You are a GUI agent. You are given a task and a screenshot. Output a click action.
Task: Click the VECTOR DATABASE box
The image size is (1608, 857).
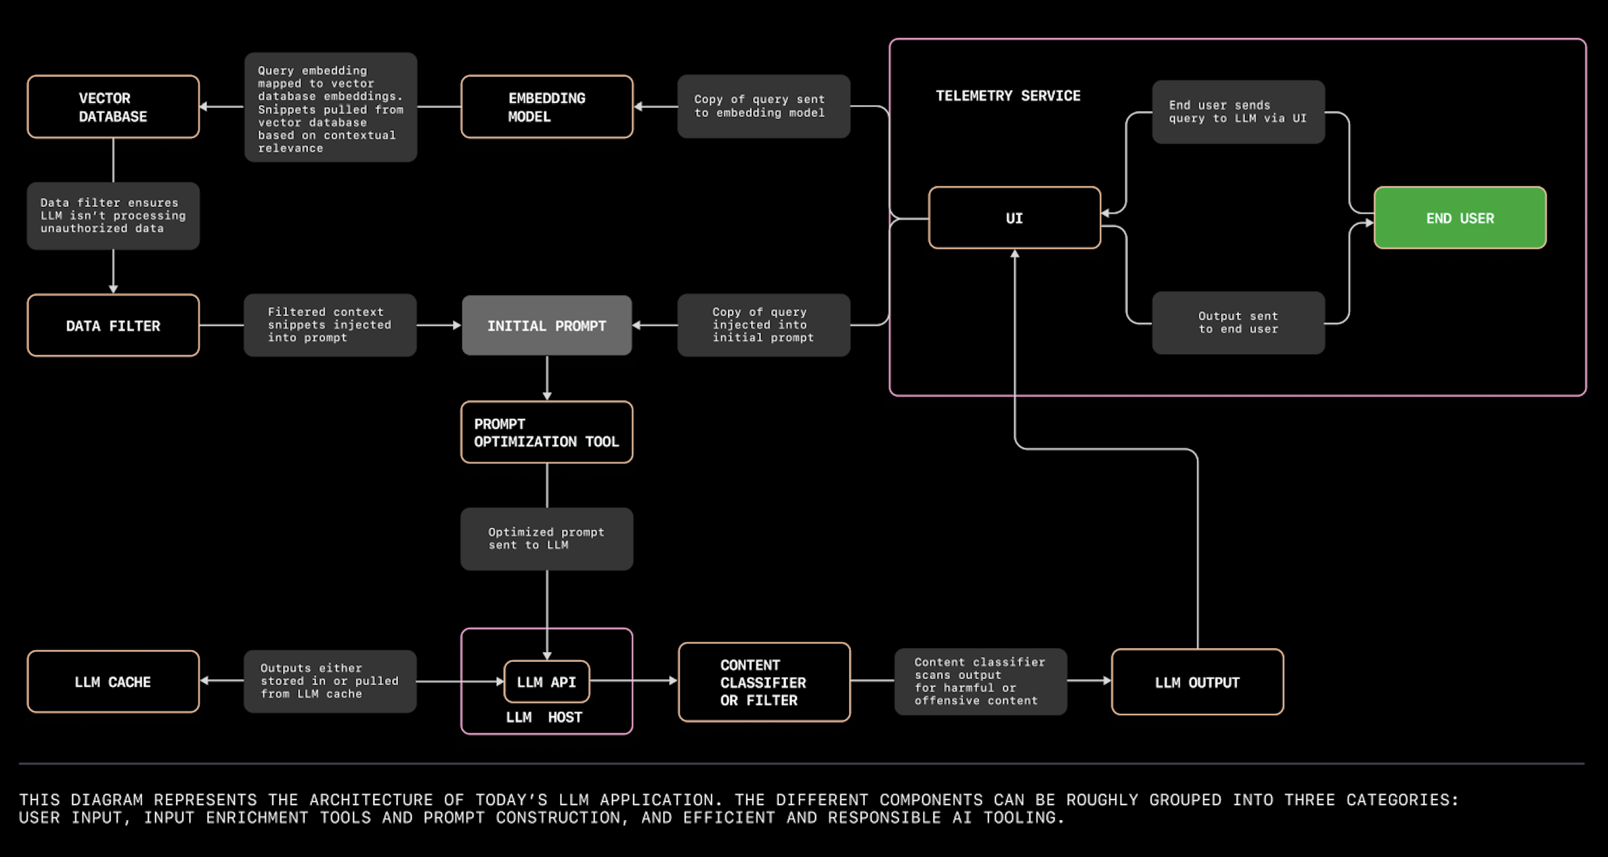coord(113,106)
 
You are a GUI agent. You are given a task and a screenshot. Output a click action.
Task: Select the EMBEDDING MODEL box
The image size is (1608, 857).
coord(547,106)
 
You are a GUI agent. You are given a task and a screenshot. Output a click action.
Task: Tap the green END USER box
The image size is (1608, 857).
coord(1460,218)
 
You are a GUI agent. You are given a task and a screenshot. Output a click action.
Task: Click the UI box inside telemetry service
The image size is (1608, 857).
coord(1014,218)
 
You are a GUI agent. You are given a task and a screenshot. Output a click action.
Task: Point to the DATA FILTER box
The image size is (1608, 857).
coord(113,325)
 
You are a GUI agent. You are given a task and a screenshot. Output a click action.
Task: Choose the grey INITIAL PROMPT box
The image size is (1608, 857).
coord(547,325)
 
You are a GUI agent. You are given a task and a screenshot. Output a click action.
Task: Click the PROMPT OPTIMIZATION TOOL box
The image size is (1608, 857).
coord(547,432)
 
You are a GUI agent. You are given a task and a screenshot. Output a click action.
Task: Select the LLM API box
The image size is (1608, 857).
coord(547,682)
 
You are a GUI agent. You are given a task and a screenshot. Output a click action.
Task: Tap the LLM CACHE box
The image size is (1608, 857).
coord(113,682)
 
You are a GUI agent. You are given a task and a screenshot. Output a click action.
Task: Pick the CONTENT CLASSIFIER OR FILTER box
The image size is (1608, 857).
coord(764,682)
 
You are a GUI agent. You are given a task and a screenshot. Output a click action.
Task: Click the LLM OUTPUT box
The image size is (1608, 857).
coord(1197,682)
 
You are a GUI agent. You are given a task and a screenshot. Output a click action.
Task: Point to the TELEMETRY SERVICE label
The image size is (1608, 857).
coord(1008,96)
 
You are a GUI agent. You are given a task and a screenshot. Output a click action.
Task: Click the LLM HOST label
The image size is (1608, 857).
coord(543,717)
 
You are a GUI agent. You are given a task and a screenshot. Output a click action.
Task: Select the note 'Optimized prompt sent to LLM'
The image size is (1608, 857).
coord(547,539)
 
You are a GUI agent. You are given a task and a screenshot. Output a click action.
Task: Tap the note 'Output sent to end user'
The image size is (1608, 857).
coord(1238,323)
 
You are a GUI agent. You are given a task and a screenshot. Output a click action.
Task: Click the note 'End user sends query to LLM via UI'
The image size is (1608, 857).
coord(1238,112)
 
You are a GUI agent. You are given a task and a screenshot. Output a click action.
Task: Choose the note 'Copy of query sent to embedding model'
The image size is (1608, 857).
coord(764,106)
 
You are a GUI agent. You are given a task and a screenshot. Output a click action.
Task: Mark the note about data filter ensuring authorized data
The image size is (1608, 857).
coord(113,216)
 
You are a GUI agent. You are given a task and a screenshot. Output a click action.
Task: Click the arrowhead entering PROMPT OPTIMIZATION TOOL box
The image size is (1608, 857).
coord(547,396)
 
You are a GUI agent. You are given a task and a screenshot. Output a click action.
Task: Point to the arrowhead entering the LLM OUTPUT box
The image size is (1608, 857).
coord(1107,680)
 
